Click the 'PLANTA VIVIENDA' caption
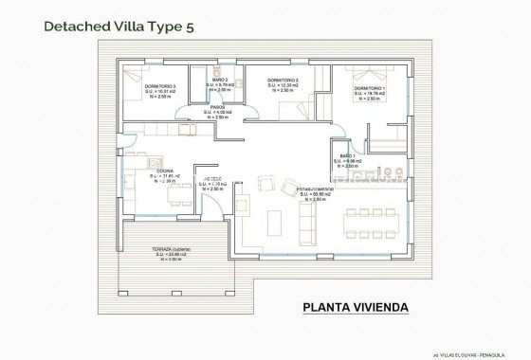355,306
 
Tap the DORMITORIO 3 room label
161,86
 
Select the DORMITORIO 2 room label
283,80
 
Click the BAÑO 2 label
220,81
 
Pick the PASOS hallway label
217,107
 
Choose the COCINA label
163,171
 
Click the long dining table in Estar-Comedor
373,210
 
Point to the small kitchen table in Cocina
177,192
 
